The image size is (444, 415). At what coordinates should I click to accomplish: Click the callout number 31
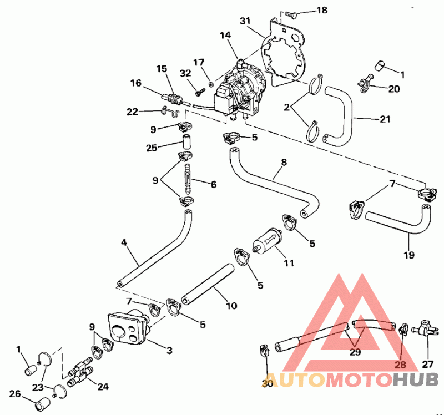click(245, 21)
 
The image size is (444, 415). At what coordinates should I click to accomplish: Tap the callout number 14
click(224, 35)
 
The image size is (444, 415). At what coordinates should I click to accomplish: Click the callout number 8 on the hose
click(284, 163)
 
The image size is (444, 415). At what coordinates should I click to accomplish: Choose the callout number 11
click(288, 263)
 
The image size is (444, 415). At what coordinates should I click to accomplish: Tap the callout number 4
click(124, 242)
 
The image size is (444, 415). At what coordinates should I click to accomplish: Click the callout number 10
click(231, 305)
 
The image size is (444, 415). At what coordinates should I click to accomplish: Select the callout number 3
click(169, 350)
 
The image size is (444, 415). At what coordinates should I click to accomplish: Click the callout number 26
click(15, 394)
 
